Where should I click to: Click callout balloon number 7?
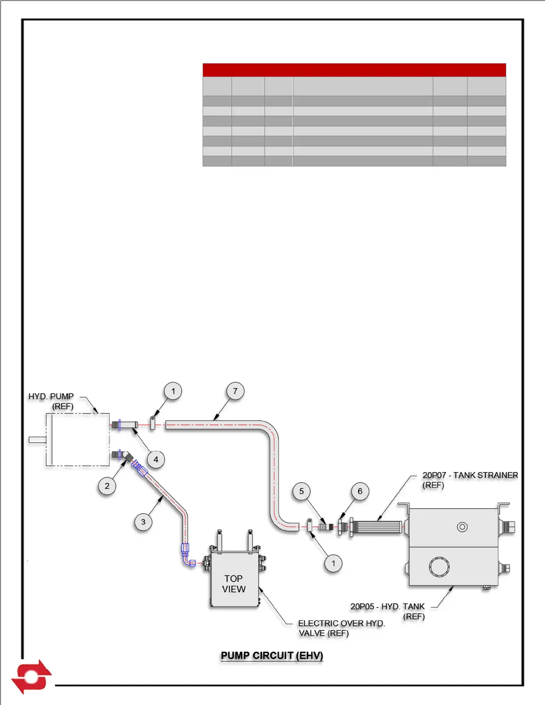point(235,391)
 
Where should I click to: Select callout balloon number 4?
point(156,459)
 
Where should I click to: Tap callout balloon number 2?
point(107,486)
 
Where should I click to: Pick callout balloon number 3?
point(143,522)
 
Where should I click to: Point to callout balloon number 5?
point(301,491)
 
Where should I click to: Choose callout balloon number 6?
point(360,491)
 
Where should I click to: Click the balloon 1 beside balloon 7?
point(173,391)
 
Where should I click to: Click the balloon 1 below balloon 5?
point(333,563)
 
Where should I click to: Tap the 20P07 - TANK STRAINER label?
point(470,475)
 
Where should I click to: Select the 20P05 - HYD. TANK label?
point(387,607)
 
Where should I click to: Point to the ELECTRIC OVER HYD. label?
point(341,624)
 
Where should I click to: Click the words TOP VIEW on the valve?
point(234,583)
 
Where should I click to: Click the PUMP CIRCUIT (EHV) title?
point(272,656)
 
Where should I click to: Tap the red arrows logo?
point(31,677)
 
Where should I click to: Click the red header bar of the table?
point(354,70)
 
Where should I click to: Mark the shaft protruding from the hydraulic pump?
point(37,440)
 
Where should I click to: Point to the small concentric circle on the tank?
point(462,527)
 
